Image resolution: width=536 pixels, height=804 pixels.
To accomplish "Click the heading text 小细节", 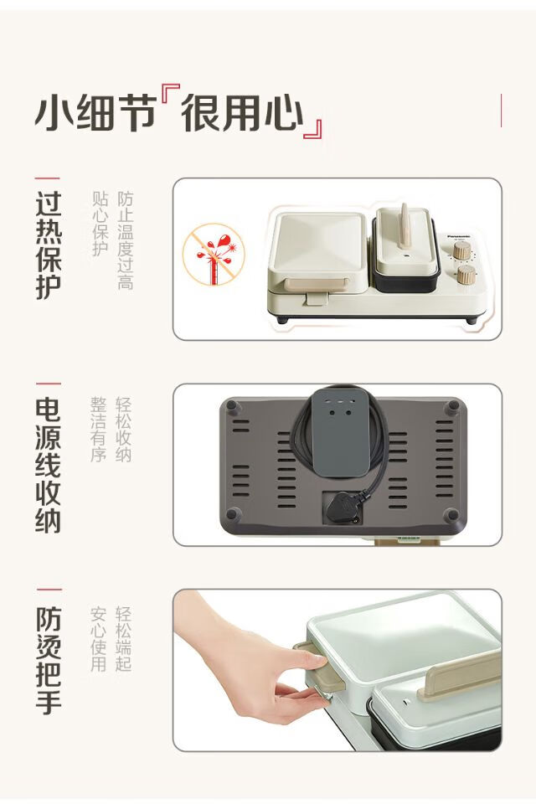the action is coord(95,111).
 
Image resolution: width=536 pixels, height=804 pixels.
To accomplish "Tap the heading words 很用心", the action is coord(241,111).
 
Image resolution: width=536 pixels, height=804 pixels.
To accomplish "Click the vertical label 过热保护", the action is coord(49,245).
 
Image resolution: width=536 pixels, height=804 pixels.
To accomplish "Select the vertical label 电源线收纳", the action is coord(49,465).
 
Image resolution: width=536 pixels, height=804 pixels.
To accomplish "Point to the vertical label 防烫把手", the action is coord(49,661).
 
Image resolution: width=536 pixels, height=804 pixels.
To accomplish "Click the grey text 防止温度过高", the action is coord(125,240).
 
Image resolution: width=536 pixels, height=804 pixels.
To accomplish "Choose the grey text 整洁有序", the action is coord(99,429).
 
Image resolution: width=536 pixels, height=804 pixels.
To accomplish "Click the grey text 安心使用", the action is coord(99,639).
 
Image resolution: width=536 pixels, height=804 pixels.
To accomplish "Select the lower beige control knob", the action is coord(466,275).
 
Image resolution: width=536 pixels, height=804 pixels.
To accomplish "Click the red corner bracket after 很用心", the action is coord(313,129).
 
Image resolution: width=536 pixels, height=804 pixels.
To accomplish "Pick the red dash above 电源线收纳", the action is coord(49,383).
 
